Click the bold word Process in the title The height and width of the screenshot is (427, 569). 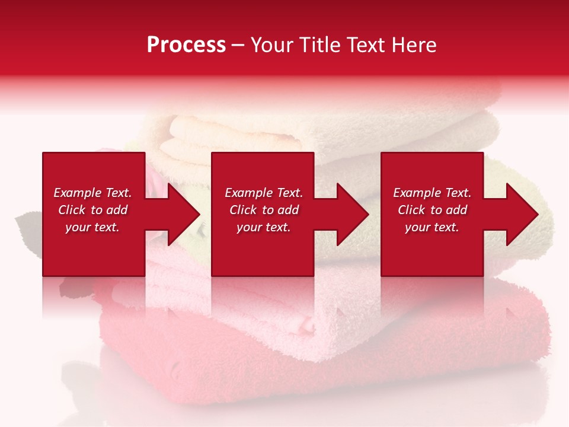[186, 45]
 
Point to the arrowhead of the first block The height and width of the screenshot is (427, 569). [178, 214]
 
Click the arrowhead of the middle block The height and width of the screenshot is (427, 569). [347, 214]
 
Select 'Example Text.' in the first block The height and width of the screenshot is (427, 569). [92, 193]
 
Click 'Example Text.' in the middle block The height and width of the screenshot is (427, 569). [264, 193]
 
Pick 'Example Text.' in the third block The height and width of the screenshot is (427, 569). [432, 193]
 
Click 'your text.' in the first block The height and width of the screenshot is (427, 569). [92, 227]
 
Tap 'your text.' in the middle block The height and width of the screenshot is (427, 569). [263, 227]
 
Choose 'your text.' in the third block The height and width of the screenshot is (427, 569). [431, 227]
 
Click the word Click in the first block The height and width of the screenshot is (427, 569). [72, 210]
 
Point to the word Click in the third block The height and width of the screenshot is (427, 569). [412, 210]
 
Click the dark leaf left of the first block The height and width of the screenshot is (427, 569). [27, 225]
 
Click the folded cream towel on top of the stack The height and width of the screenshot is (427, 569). [237, 136]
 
